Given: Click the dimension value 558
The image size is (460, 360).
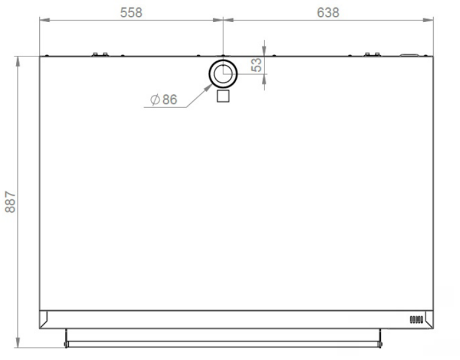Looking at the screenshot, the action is click(x=131, y=13).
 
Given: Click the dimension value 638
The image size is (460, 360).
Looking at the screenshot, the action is click(x=328, y=13).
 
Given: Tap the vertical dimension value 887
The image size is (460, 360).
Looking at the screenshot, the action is click(x=10, y=202).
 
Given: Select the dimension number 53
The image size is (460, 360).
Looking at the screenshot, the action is click(x=256, y=65).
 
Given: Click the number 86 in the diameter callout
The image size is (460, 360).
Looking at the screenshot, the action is click(x=169, y=100).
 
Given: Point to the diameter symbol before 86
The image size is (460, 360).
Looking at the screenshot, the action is click(x=155, y=100).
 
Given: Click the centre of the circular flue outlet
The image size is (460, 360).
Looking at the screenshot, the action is click(x=223, y=74).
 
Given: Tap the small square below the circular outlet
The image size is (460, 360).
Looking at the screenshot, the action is click(x=223, y=96).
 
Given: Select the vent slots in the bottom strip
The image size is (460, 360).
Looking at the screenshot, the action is click(x=416, y=320).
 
